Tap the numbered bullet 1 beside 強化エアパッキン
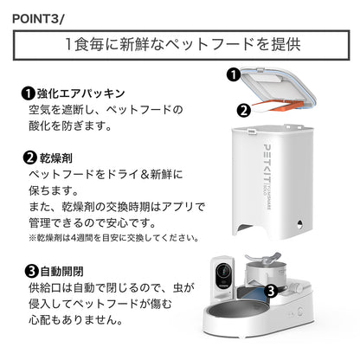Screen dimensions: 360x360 coord(29,93)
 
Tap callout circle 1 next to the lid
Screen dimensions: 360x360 coord(232,75)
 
